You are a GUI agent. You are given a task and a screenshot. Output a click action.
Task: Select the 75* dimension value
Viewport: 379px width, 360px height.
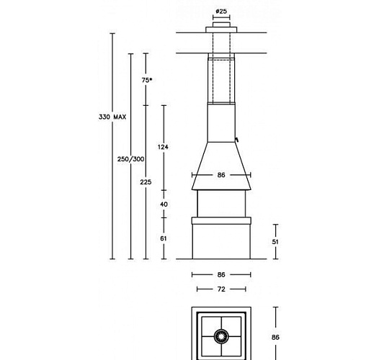point(147,80)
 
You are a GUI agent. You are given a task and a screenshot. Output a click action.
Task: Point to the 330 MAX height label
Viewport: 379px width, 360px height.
point(113,117)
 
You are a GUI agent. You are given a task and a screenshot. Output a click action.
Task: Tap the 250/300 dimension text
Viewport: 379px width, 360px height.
point(130,158)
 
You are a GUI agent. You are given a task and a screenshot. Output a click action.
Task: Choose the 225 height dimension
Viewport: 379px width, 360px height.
point(146,182)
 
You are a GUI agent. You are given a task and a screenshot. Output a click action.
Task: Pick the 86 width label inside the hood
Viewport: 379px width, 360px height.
point(221,175)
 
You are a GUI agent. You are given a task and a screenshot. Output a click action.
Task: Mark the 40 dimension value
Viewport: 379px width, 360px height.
point(164,204)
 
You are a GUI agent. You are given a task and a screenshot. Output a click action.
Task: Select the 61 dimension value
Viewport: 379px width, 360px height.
point(164,238)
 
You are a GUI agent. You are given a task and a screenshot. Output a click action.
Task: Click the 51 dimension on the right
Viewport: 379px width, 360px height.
point(275,242)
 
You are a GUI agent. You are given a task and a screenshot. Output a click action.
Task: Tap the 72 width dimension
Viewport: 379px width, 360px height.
point(221,289)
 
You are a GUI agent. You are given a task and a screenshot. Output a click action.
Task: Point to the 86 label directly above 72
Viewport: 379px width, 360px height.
point(221,274)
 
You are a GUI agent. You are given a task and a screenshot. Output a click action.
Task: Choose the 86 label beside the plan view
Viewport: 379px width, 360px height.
point(275,337)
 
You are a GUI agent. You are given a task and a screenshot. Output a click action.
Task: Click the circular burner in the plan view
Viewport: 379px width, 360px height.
point(221,336)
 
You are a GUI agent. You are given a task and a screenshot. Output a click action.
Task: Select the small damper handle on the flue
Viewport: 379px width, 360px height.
point(236,137)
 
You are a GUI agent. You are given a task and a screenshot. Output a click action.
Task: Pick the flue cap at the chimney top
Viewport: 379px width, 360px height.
point(221,29)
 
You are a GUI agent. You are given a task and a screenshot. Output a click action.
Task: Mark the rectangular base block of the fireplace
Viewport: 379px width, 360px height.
point(221,241)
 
